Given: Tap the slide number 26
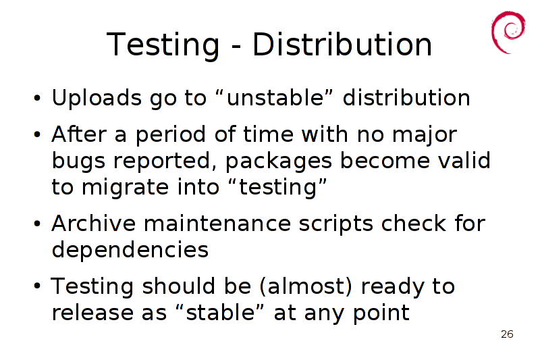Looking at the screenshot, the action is [x=507, y=334].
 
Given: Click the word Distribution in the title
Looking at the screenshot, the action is [x=342, y=45].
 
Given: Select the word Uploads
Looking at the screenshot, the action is [x=97, y=98].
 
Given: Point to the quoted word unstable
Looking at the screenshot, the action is [x=275, y=97].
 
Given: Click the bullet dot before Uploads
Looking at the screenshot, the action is [x=37, y=98].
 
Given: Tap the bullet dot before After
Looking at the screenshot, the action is [x=37, y=134].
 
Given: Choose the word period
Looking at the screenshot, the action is [x=171, y=134].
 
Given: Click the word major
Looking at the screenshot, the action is [x=425, y=135].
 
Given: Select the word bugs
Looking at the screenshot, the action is [x=78, y=161].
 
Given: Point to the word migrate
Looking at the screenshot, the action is [x=125, y=188].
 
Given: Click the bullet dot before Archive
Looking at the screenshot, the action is [x=37, y=224].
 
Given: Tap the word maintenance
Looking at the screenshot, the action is [x=217, y=224].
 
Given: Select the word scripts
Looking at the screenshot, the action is [x=335, y=224].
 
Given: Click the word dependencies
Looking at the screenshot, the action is [x=130, y=250].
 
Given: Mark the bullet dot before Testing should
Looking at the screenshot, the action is [x=37, y=286].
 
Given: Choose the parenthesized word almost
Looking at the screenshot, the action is [x=306, y=286].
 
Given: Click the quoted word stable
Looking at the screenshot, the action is [x=220, y=312].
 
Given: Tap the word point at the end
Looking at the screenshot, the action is [x=381, y=313].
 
